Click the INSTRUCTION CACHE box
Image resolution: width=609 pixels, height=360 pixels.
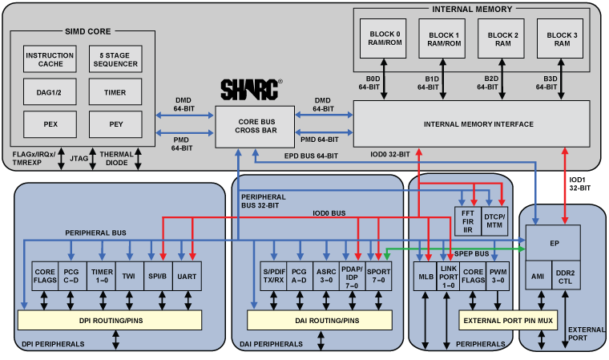tap(50, 61)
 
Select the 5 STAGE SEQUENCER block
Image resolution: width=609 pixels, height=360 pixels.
tap(115, 61)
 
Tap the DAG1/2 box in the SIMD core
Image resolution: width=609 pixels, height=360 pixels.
tap(50, 93)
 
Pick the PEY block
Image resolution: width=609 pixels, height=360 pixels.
tap(115, 124)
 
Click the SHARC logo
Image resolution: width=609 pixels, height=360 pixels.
tap(251, 87)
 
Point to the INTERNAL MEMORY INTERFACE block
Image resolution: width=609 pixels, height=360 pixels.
tap(471, 124)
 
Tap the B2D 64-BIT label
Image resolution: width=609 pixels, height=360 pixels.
tap(491, 83)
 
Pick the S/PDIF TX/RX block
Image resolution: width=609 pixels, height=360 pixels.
tap(274, 276)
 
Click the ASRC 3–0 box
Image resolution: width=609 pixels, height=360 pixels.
tap(325, 276)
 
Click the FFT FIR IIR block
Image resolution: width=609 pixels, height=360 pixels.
tap(466, 220)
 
